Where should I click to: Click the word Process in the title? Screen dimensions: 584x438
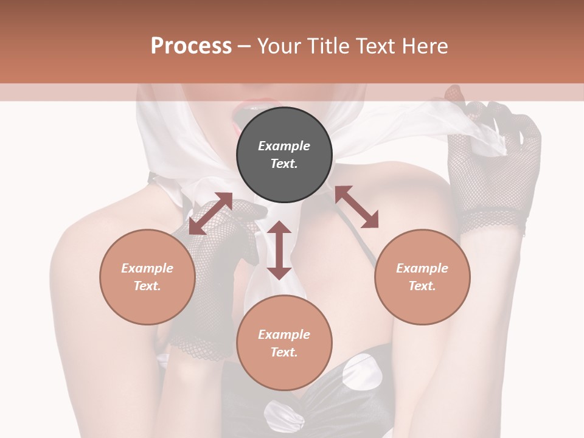tap(191, 46)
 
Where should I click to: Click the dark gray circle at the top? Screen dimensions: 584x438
tap(284, 155)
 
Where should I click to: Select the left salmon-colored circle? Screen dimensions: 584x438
tap(147, 277)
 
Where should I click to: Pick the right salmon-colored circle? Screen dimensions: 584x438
tap(422, 277)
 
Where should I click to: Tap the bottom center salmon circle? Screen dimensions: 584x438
tap(284, 343)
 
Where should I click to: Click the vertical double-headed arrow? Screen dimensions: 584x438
tap(279, 250)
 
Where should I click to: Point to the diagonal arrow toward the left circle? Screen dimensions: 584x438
tap(210, 214)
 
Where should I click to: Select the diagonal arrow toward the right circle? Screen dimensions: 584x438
tap(356, 207)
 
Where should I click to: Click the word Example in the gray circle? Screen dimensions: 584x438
tap(284, 146)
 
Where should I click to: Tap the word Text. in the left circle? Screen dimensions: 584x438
tap(147, 286)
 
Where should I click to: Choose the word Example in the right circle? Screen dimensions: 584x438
tap(422, 268)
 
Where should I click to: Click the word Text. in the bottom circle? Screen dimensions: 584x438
tap(284, 352)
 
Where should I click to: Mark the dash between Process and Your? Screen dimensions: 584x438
tap(244, 46)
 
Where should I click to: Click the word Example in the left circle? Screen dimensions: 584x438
tap(147, 268)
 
